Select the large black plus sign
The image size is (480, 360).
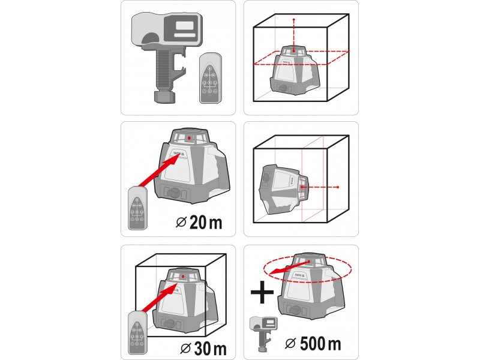tap(262, 292)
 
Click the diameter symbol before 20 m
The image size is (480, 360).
tap(181, 222)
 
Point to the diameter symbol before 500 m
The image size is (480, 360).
tap(290, 343)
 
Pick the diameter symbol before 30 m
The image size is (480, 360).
tap(185, 349)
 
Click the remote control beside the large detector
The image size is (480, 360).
tap(211, 78)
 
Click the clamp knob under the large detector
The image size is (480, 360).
tap(164, 97)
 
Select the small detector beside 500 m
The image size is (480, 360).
tap(263, 334)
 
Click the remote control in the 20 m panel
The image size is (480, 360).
tap(138, 208)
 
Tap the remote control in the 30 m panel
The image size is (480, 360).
tap(137, 332)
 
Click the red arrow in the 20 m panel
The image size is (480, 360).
tap(159, 170)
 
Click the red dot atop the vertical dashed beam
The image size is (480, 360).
tap(294, 20)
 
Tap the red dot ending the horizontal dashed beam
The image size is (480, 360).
tap(338, 187)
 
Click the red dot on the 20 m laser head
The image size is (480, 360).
tap(189, 138)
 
